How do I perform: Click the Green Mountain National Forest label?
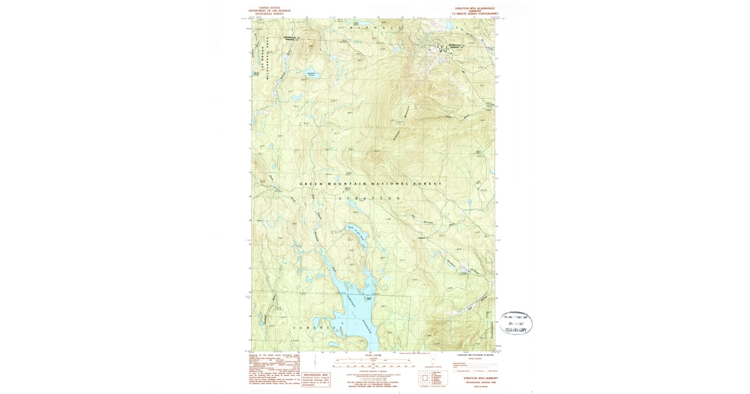click(371, 184)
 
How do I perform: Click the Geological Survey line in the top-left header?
click(269, 13)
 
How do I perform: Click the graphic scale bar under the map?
click(371, 361)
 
